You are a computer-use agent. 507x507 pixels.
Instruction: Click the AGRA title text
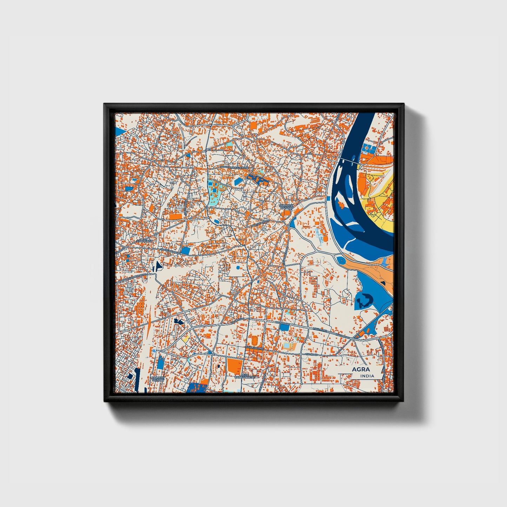(x=361, y=369)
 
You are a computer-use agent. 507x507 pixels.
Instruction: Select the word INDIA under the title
(x=367, y=376)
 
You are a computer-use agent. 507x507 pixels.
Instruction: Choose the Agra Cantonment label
(x=245, y=376)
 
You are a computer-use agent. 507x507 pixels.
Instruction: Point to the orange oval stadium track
(x=254, y=340)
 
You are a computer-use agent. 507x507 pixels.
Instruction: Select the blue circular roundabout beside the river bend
(x=340, y=260)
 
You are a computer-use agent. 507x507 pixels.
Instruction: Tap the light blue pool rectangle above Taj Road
(x=287, y=346)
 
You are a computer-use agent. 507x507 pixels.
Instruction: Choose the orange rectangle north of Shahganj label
(x=175, y=216)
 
